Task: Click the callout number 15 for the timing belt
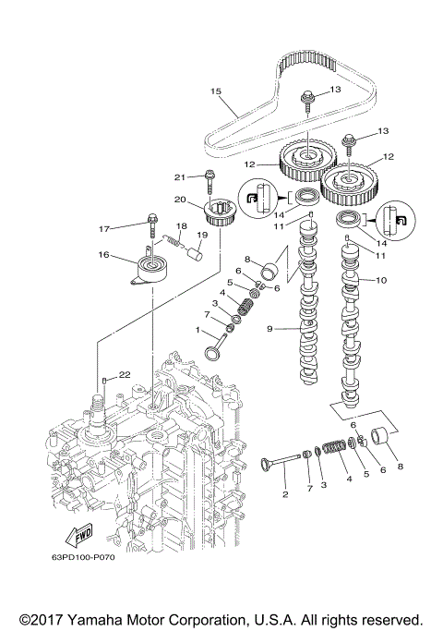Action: tap(216, 91)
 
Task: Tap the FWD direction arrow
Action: tap(79, 535)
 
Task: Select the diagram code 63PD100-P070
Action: tap(79, 558)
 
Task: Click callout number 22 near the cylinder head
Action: tap(125, 375)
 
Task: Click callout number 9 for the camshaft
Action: tap(269, 329)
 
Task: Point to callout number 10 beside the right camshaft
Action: tap(380, 279)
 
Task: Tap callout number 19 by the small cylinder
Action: tap(202, 235)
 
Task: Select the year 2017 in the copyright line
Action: tap(46, 620)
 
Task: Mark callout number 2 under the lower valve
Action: tap(285, 494)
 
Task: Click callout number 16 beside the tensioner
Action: tap(103, 255)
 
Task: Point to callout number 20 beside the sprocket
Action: tap(180, 200)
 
